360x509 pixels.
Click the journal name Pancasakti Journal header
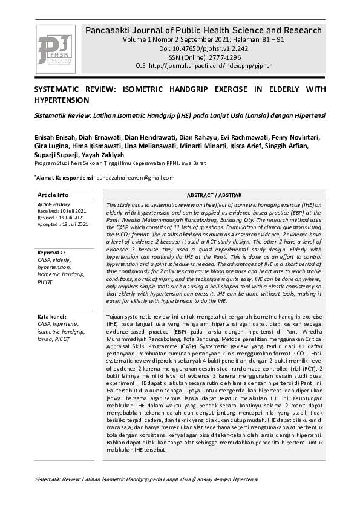click(203, 30)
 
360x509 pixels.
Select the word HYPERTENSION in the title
click(62, 100)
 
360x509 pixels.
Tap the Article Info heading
click(53, 195)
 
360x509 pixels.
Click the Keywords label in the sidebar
click(51, 252)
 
